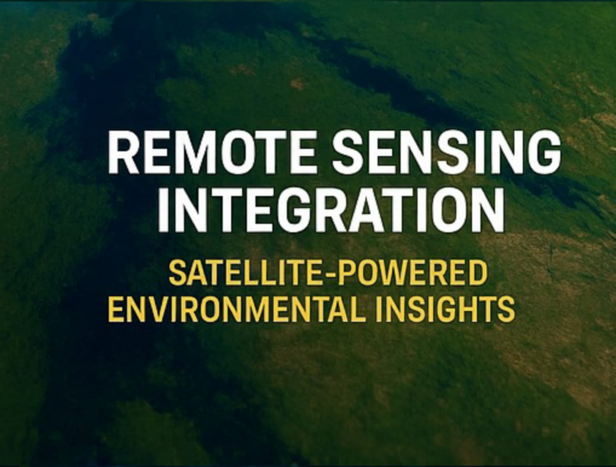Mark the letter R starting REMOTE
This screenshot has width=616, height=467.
tap(124, 153)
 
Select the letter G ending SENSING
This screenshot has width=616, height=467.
tap(542, 153)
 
